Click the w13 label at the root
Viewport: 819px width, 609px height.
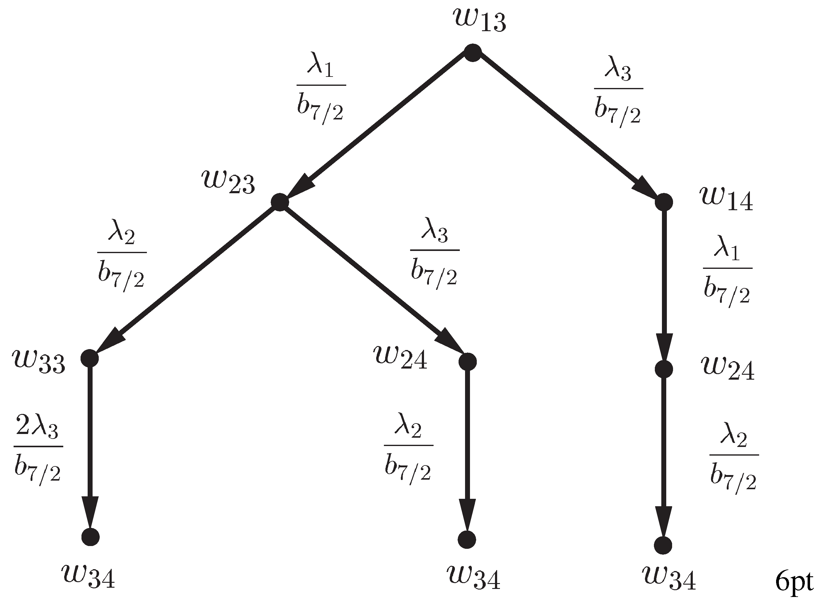(480, 21)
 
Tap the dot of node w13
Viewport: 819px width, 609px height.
(472, 52)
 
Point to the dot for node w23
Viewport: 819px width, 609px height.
(279, 202)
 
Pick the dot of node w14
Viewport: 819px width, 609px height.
(664, 202)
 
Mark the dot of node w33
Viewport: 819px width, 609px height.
(89, 357)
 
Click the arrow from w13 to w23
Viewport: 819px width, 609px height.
(376, 127)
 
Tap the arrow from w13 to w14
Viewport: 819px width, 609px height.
(567, 127)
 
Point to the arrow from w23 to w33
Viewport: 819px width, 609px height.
(184, 280)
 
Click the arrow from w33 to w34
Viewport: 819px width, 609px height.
(90, 448)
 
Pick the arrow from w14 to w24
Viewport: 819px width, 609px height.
(664, 286)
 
